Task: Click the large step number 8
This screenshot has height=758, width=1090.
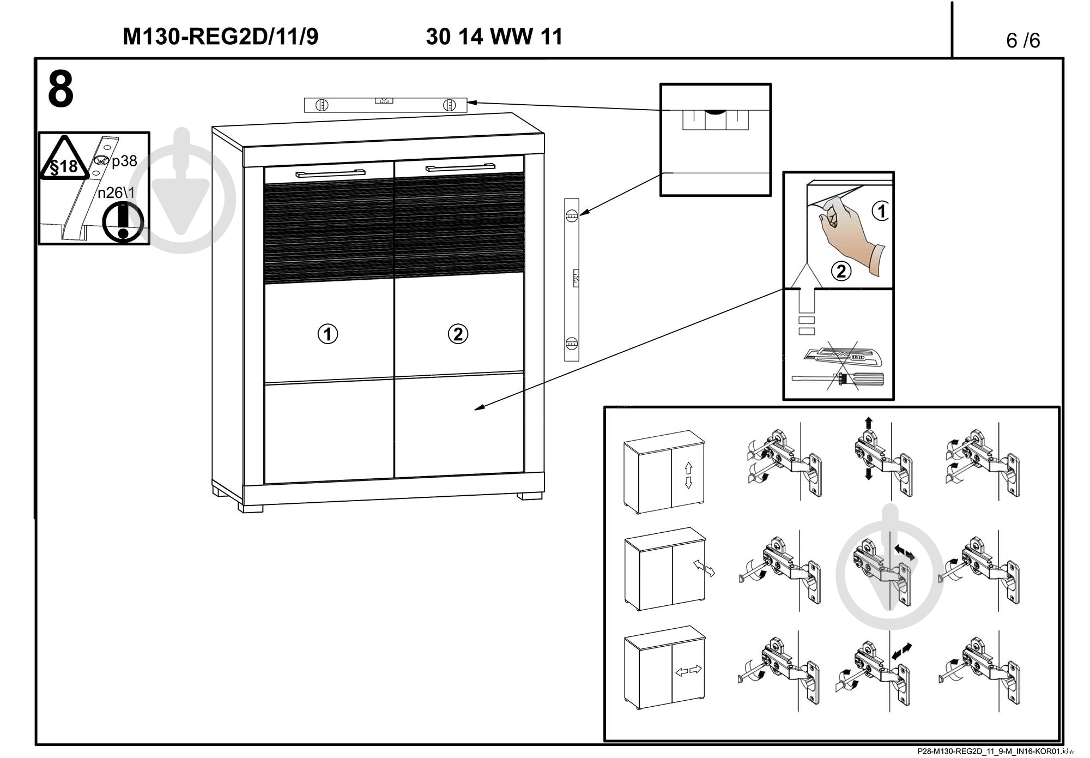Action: [60, 91]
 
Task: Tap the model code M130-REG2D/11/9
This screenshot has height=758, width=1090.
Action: [220, 37]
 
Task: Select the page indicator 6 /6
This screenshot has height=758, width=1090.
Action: [1023, 40]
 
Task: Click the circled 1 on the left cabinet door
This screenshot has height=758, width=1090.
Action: [328, 334]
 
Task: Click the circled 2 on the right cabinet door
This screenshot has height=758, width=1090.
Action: [458, 334]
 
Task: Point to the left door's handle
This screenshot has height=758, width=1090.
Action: [330, 173]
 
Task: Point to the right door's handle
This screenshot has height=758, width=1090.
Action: [460, 166]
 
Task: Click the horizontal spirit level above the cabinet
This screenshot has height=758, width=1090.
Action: [385, 104]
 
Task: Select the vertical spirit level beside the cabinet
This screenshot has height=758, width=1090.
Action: [571, 279]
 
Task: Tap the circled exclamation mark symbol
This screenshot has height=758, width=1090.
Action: [123, 222]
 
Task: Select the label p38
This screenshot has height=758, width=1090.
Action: [124, 161]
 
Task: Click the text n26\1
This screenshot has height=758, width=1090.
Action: [116, 192]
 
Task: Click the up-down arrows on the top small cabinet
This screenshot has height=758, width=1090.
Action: [688, 475]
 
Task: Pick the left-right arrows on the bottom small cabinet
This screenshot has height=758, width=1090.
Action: [688, 670]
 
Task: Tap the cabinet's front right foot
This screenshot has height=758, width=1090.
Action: [530, 496]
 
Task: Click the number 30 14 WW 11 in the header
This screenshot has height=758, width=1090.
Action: [494, 37]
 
